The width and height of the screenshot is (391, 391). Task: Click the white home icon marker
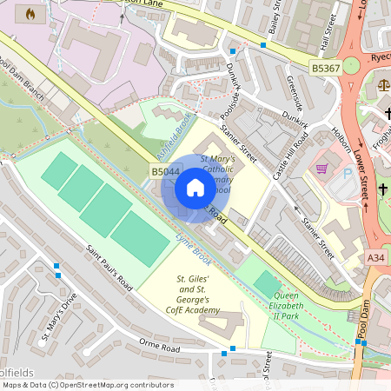(x=195, y=188)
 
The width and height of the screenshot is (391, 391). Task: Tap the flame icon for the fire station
(x=32, y=14)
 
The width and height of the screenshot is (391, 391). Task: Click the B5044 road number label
(x=165, y=173)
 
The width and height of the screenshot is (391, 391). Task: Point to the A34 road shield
(x=375, y=258)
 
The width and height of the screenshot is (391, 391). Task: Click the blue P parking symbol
(x=349, y=175)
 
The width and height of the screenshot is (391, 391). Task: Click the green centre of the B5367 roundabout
(x=351, y=65)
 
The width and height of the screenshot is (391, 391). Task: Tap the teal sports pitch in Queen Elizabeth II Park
(x=268, y=283)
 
